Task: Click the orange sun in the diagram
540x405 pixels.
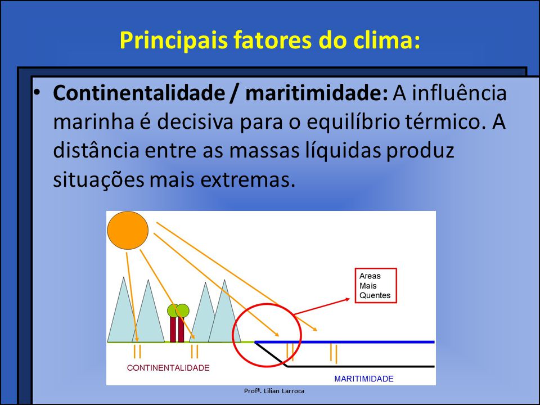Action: pyautogui.click(x=128, y=229)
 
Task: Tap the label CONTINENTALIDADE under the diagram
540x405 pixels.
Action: pyautogui.click(x=168, y=368)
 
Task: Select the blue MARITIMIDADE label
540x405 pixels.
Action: pyautogui.click(x=364, y=379)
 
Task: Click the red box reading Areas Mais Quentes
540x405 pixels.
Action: pyautogui.click(x=375, y=285)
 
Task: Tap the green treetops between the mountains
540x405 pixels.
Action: pyautogui.click(x=178, y=310)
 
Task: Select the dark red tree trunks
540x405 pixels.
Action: pyautogui.click(x=177, y=330)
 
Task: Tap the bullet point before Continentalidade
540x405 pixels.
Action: pyautogui.click(x=38, y=93)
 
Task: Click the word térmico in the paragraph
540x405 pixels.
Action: pyautogui.click(x=448, y=123)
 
